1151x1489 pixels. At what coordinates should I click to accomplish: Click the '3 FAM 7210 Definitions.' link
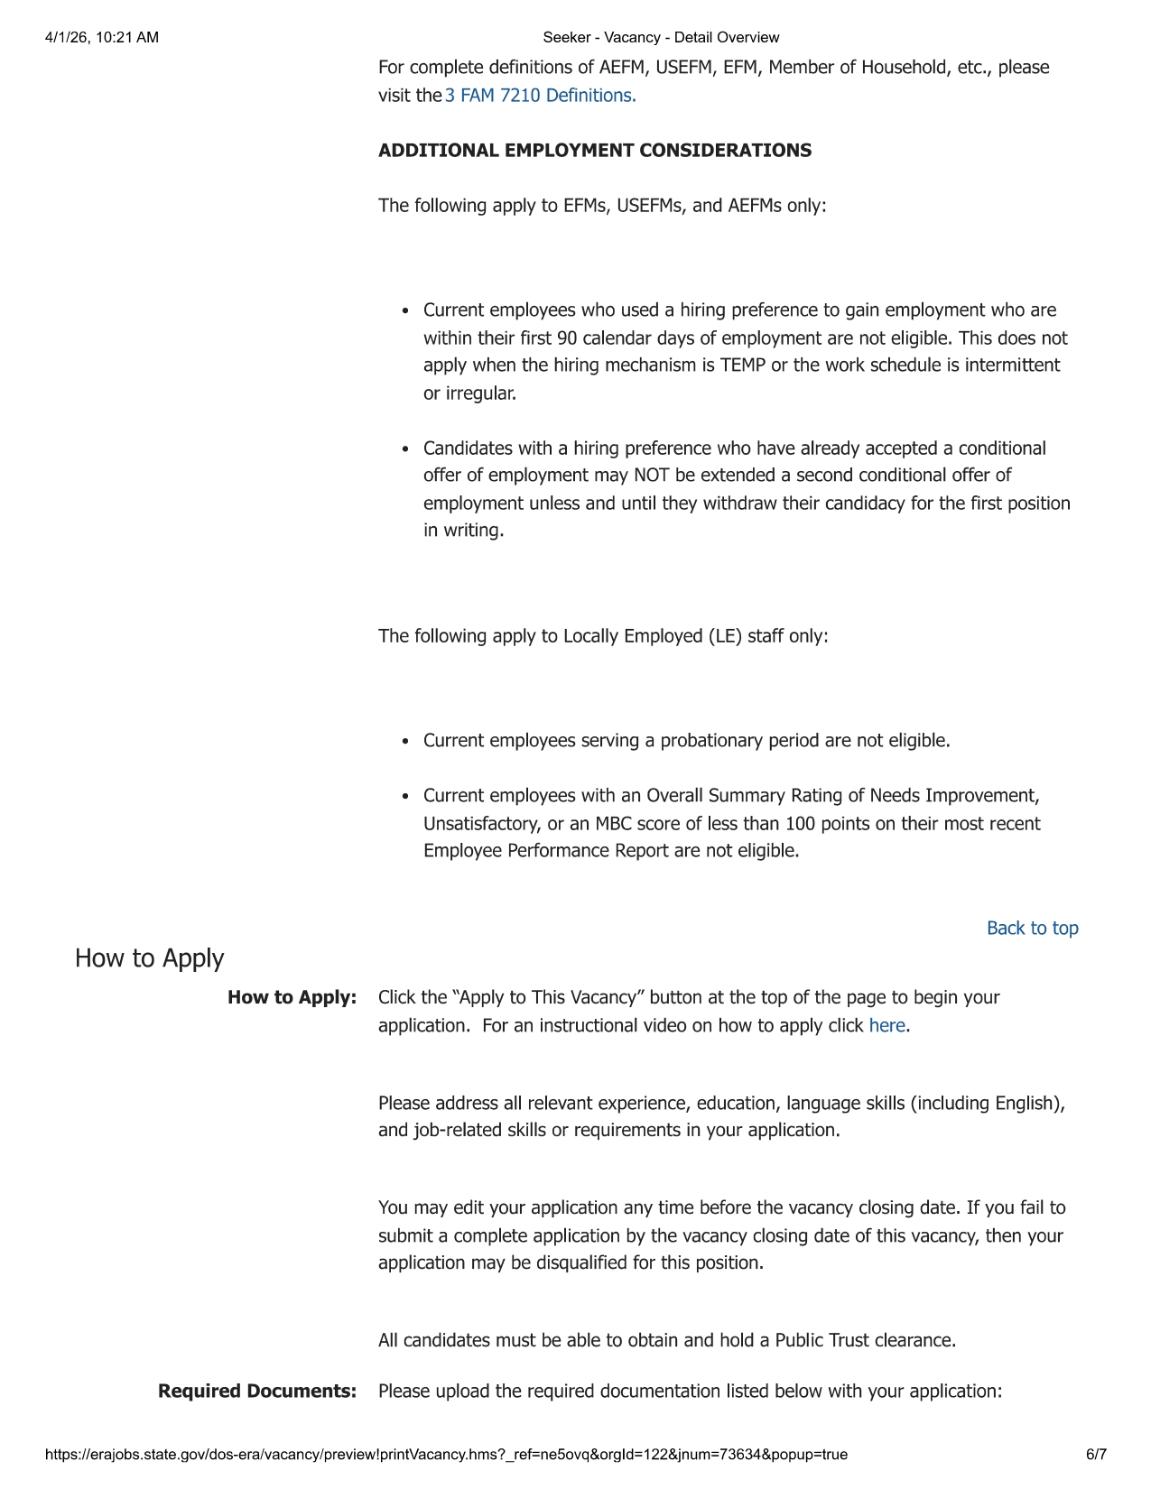[x=540, y=96]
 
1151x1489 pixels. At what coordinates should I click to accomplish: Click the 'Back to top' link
[x=1032, y=929]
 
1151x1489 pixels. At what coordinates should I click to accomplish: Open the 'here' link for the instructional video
[x=886, y=1026]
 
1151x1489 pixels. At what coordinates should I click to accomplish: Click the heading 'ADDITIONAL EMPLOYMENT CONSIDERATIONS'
[x=594, y=151]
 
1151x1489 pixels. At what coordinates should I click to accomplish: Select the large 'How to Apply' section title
[x=149, y=958]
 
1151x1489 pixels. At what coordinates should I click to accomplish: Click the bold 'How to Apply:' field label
[x=292, y=998]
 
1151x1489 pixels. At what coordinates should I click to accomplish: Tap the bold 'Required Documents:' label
[x=257, y=1392]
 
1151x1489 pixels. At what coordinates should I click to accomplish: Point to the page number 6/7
[x=1096, y=1455]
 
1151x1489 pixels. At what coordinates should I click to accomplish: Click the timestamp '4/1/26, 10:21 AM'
[x=101, y=38]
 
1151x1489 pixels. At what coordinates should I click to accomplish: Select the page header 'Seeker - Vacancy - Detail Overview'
[x=661, y=38]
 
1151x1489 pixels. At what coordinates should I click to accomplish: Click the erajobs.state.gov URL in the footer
[x=446, y=1455]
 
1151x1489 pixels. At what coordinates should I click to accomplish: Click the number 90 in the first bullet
[x=567, y=338]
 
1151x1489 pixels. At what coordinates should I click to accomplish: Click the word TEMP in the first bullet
[x=743, y=365]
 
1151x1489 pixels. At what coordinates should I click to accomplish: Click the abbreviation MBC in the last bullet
[x=613, y=824]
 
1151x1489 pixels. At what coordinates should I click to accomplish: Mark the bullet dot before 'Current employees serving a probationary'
[x=405, y=742]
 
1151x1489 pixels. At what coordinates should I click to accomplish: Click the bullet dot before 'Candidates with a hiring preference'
[x=405, y=449]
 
